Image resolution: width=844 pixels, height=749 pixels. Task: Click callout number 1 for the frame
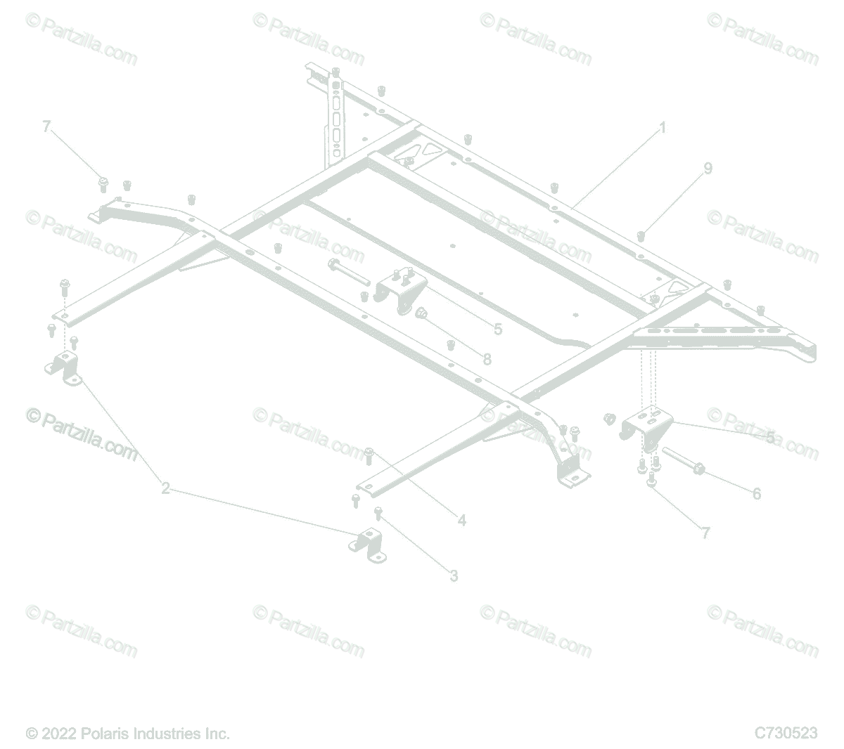(x=662, y=129)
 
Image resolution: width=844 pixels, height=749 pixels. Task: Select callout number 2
(x=165, y=488)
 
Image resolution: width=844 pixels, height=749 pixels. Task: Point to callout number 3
(x=454, y=575)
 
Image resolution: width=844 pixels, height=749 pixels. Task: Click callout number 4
(x=461, y=521)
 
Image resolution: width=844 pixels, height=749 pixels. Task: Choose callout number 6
(x=756, y=494)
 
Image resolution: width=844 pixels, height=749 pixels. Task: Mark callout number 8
(x=487, y=358)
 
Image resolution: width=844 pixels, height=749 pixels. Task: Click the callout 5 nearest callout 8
(x=497, y=329)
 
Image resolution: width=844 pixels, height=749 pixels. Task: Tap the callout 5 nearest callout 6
(x=770, y=438)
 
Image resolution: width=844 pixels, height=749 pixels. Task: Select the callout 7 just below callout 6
(x=705, y=533)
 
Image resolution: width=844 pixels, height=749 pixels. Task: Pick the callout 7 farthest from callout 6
(x=46, y=126)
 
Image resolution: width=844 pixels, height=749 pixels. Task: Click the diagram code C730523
(x=786, y=733)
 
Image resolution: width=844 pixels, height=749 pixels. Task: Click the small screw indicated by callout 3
(x=378, y=513)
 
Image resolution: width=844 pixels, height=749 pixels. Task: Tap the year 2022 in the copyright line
(x=57, y=734)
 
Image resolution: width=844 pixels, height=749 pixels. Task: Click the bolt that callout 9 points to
(x=641, y=235)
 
